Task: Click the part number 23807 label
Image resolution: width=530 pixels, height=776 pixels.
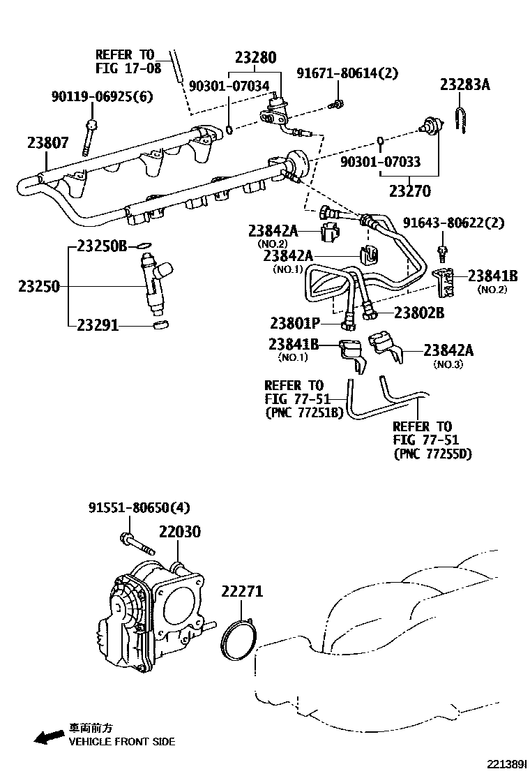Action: (x=48, y=143)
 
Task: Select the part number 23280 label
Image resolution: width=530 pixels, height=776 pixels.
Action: (x=255, y=57)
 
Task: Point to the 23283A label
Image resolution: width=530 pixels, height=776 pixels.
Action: (x=464, y=85)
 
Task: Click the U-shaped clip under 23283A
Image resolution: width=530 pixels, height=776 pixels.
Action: (x=461, y=119)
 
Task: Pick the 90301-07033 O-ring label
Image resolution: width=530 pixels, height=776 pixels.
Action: (x=380, y=162)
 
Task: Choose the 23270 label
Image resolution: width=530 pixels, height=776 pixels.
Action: (x=409, y=191)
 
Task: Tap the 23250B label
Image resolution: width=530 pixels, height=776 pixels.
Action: (x=101, y=246)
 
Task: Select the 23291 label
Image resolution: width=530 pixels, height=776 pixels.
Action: (x=98, y=324)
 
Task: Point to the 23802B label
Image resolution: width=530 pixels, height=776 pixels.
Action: (x=419, y=313)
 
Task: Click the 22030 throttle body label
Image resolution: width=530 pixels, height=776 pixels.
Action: (x=179, y=532)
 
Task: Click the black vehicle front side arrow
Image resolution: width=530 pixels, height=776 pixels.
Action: (x=48, y=737)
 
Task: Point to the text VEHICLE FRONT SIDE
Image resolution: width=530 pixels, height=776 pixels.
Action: (x=121, y=741)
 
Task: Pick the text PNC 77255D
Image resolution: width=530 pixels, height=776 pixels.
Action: (x=432, y=454)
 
